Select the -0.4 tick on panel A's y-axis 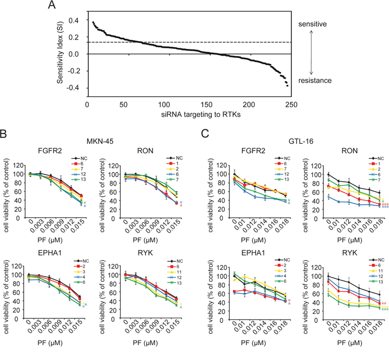click(76, 87)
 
